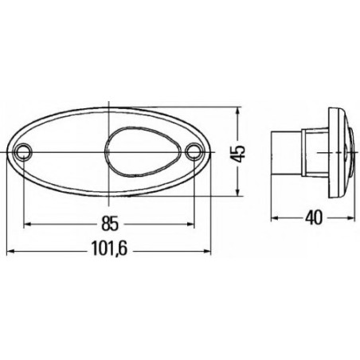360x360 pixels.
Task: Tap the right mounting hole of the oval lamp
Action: (x=192, y=151)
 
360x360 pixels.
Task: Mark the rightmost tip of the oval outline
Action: (x=216, y=151)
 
